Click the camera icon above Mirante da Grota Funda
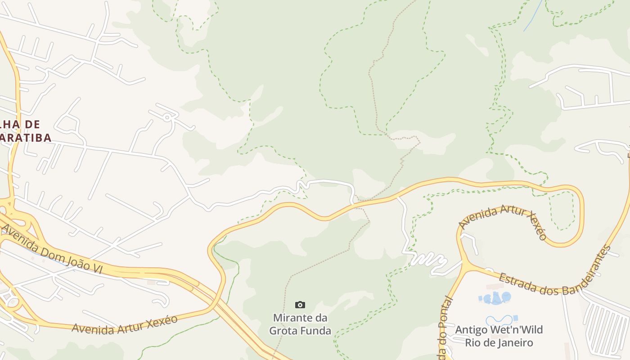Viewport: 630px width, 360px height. click(300, 305)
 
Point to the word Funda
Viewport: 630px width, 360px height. click(316, 331)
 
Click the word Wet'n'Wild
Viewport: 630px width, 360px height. click(517, 330)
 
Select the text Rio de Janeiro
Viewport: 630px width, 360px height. click(499, 343)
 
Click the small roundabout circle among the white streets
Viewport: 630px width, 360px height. click(167, 117)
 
